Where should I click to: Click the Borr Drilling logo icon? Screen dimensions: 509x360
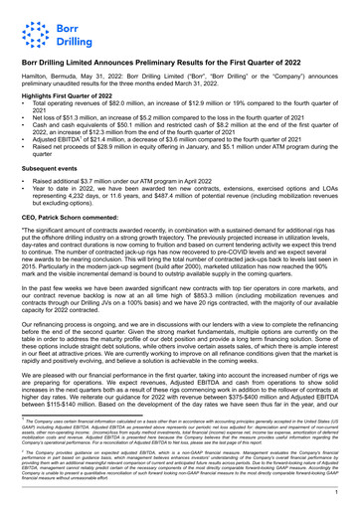point(33,27)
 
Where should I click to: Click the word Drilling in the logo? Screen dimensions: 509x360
point(67,35)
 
